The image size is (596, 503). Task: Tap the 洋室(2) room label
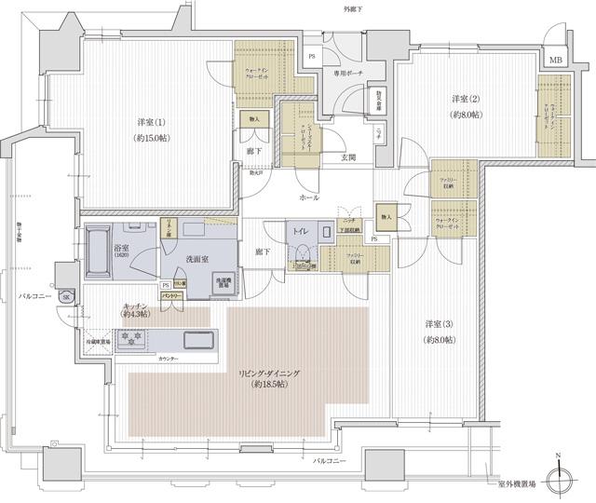point(466,99)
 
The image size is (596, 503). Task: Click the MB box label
point(556,61)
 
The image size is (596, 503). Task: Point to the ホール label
point(309,198)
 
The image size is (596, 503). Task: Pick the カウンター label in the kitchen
point(169,359)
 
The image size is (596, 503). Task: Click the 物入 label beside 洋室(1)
point(254,118)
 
